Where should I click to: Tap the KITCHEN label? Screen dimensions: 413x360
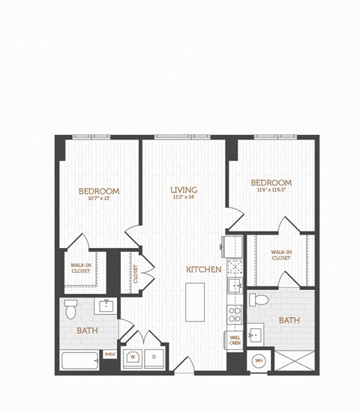(204, 268)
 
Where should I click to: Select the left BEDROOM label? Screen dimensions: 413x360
(99, 191)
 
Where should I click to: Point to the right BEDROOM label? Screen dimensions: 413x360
(271, 182)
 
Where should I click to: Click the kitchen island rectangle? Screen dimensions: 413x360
(196, 302)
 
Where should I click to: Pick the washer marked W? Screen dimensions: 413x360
(133, 358)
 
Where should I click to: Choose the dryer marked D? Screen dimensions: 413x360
(155, 358)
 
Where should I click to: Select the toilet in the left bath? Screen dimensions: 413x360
(71, 308)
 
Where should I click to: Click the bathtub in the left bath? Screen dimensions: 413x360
(80, 362)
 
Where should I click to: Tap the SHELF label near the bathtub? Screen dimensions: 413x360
(109, 355)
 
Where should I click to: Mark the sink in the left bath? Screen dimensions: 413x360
(106, 305)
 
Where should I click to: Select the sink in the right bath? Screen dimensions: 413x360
(254, 334)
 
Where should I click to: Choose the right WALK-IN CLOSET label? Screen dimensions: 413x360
(281, 255)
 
